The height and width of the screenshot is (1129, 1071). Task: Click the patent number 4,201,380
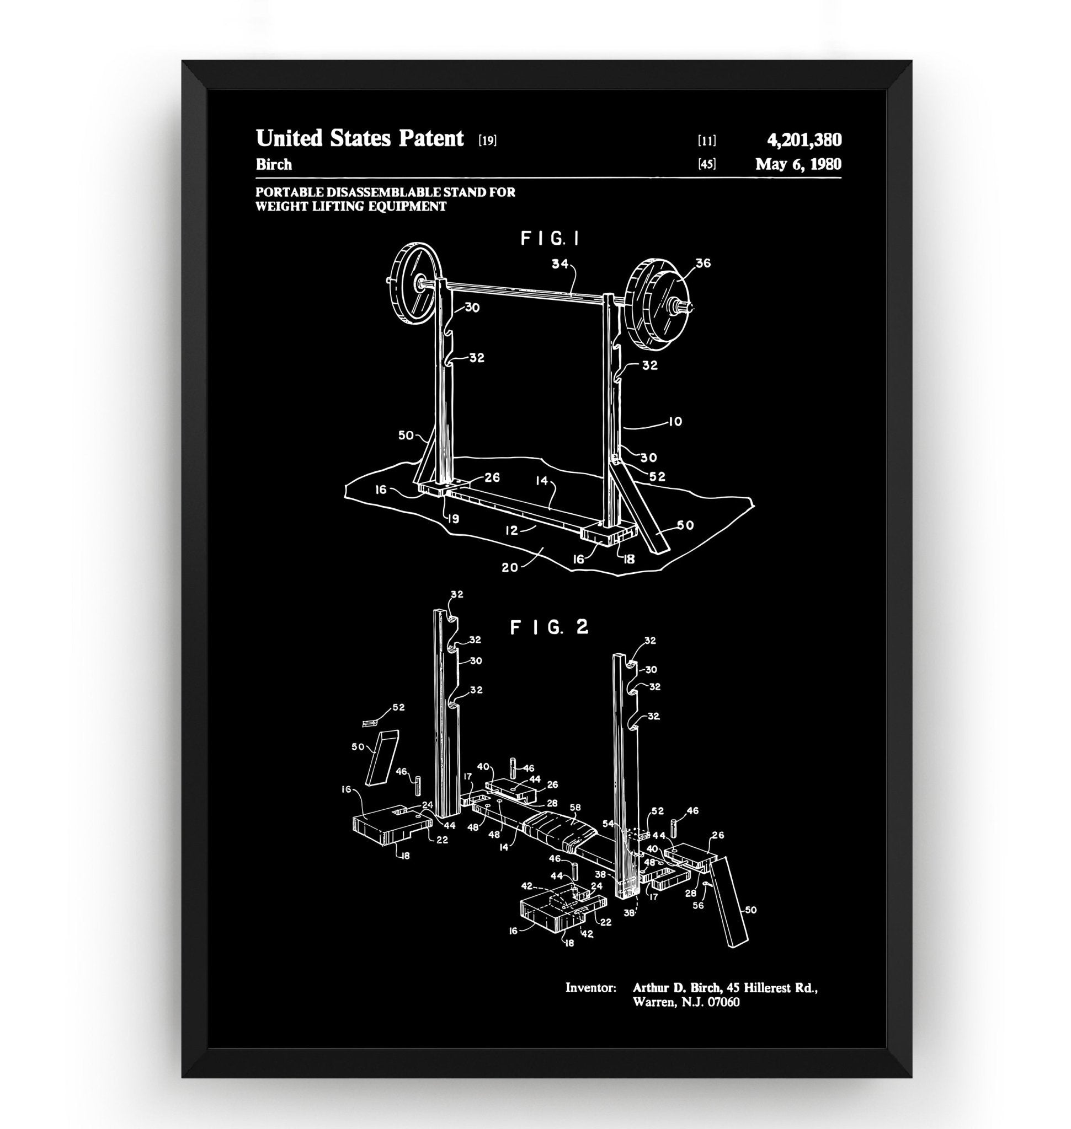pyautogui.click(x=804, y=140)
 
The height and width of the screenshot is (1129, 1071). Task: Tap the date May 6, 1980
pyautogui.click(x=798, y=164)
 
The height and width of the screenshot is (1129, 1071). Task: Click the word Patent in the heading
pyautogui.click(x=431, y=138)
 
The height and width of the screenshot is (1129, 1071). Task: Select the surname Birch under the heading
pyautogui.click(x=274, y=164)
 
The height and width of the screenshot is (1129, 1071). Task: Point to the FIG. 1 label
pyautogui.click(x=550, y=239)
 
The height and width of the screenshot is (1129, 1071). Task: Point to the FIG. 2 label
pyautogui.click(x=548, y=627)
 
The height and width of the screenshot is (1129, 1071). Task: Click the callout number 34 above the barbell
pyautogui.click(x=560, y=264)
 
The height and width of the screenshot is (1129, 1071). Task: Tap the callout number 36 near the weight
pyautogui.click(x=703, y=264)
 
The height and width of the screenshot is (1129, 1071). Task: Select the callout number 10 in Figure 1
pyautogui.click(x=675, y=422)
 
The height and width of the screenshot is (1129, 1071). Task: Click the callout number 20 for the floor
pyautogui.click(x=510, y=568)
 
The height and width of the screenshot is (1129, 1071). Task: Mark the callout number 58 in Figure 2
pyautogui.click(x=575, y=808)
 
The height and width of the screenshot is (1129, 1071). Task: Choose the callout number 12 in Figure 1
pyautogui.click(x=511, y=530)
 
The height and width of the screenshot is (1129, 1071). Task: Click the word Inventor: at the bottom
pyautogui.click(x=590, y=987)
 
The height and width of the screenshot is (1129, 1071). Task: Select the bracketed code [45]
pyautogui.click(x=707, y=165)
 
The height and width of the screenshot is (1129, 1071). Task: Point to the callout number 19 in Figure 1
pyautogui.click(x=454, y=519)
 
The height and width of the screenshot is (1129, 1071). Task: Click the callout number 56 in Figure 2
pyautogui.click(x=699, y=905)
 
